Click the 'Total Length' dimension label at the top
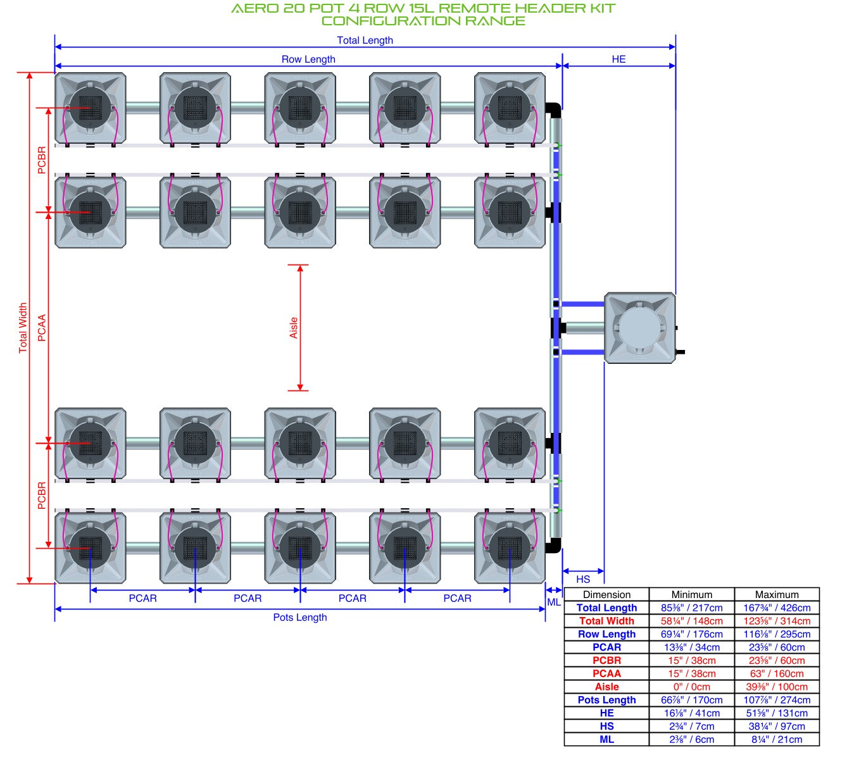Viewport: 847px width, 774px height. [365, 40]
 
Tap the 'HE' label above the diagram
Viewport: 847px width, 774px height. [618, 59]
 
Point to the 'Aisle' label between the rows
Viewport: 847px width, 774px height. [294, 328]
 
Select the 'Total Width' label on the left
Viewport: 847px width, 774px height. [23, 328]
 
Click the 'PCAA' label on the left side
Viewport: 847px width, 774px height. [41, 328]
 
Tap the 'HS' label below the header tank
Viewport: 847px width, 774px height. [583, 579]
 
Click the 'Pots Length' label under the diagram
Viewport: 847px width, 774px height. [300, 617]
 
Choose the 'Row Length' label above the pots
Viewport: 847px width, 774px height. [308, 59]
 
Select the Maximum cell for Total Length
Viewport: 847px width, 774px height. [777, 608]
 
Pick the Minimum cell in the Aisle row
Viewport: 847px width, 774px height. [692, 687]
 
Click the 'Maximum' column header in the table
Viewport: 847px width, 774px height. [777, 594]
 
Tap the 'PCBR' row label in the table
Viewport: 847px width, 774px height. [606, 661]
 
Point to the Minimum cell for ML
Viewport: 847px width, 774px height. [692, 739]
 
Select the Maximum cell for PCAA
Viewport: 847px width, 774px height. [777, 673]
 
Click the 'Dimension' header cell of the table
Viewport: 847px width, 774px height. [606, 594]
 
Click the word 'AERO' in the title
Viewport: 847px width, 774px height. [255, 8]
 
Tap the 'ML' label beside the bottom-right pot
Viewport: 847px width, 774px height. [553, 602]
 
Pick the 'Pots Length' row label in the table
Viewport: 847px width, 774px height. [606, 700]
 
